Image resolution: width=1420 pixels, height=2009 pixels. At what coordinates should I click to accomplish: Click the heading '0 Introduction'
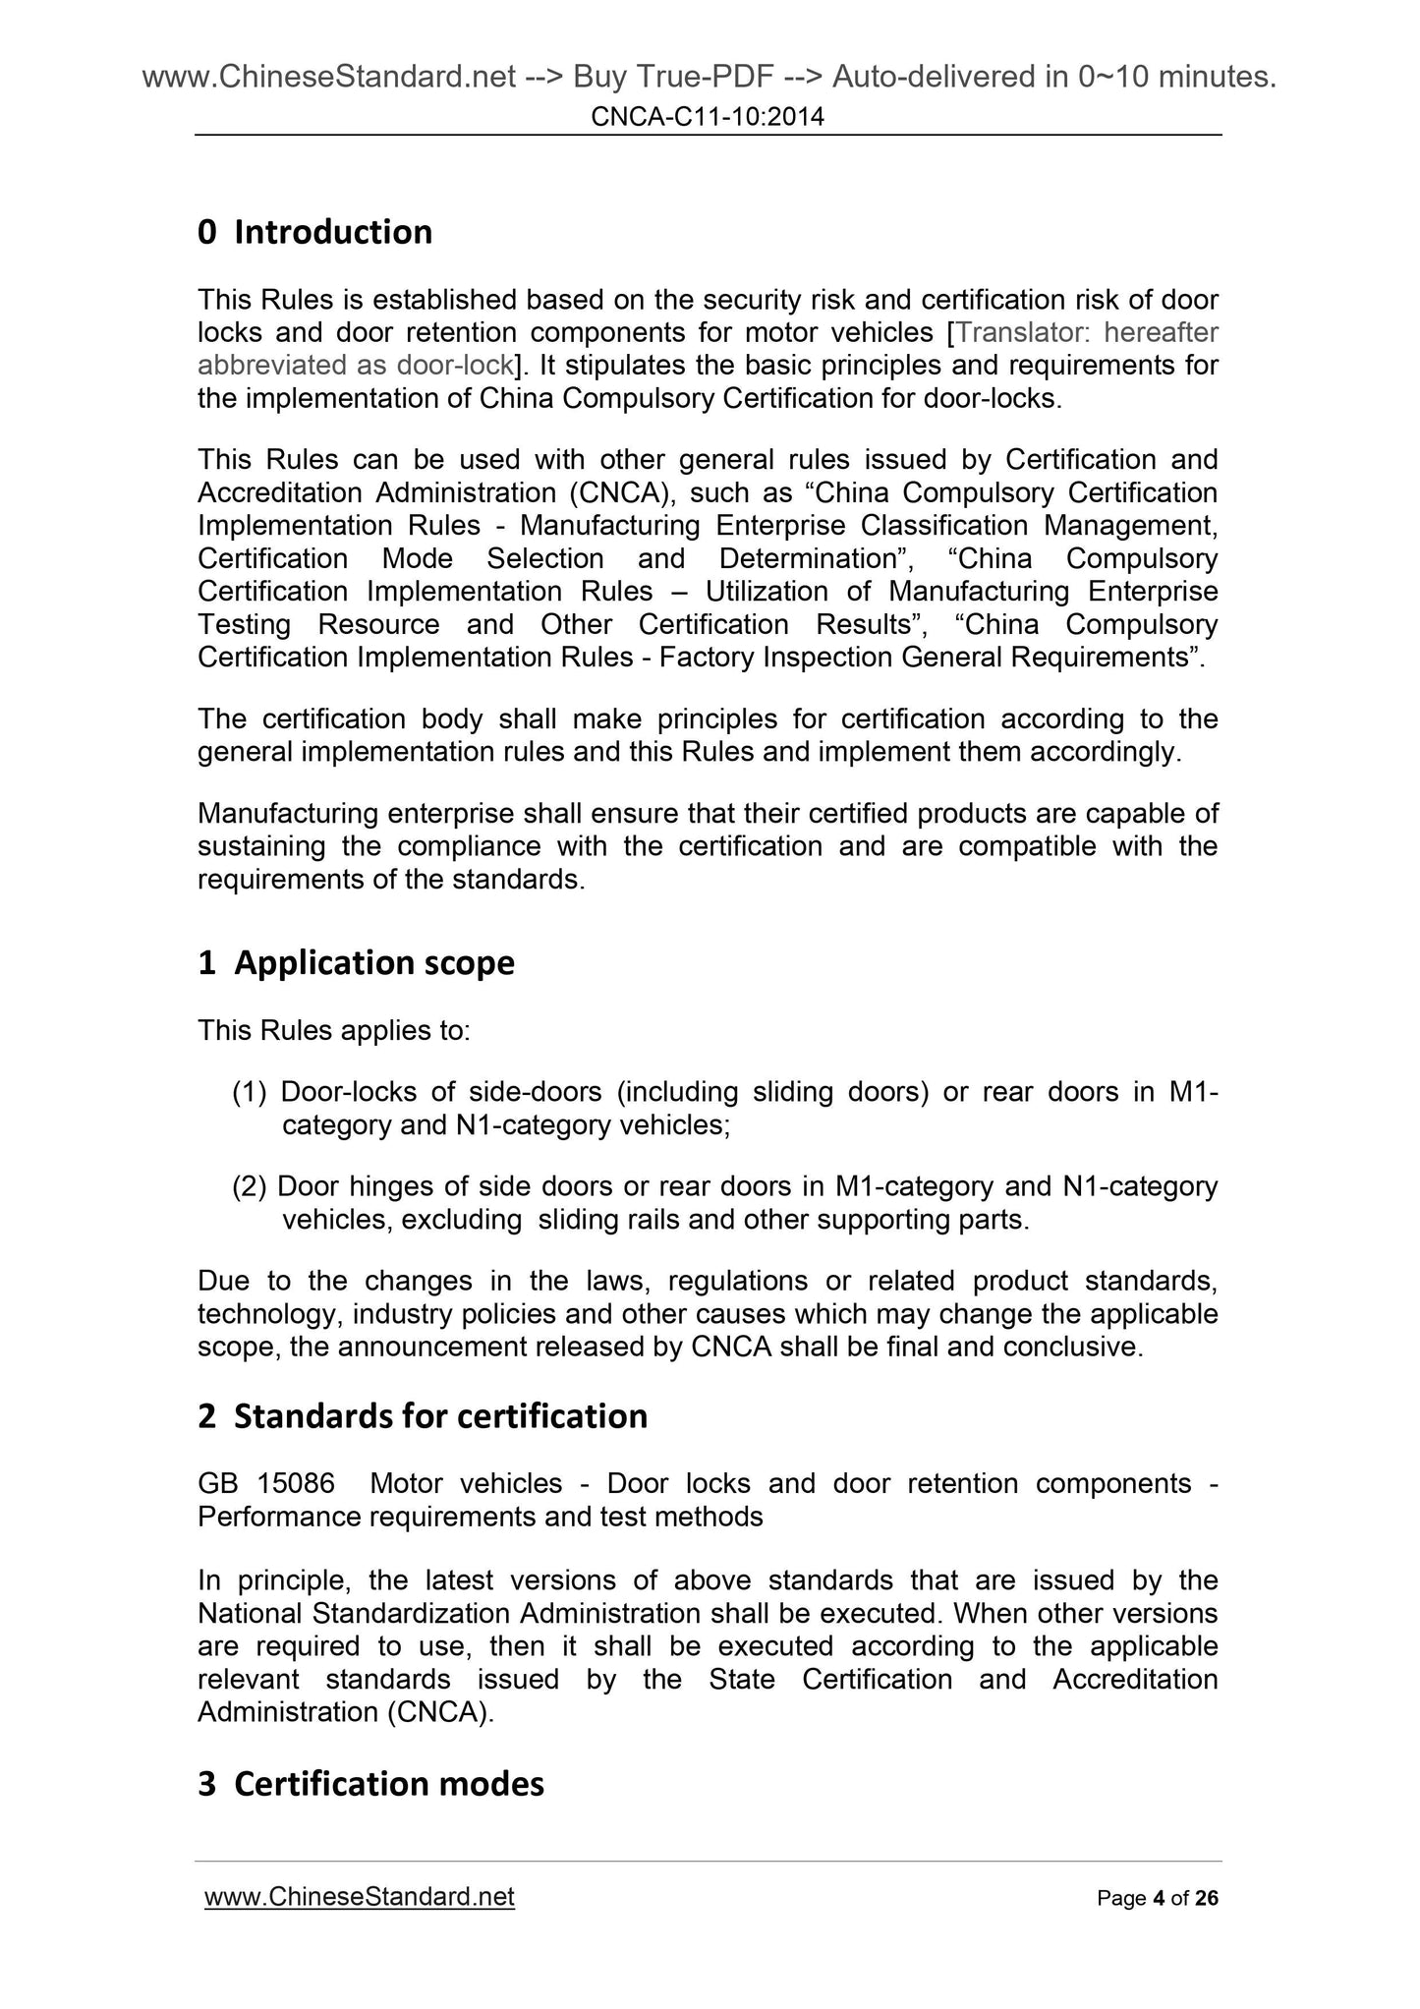click(x=314, y=232)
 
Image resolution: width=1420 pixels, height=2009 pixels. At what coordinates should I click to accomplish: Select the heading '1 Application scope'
click(x=356, y=962)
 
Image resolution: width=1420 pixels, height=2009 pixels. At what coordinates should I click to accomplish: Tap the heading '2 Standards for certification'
click(x=423, y=1415)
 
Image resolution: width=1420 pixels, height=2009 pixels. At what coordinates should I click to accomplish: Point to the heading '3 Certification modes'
click(x=370, y=1783)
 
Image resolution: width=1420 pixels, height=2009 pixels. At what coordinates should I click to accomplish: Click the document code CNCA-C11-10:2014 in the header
click(x=708, y=118)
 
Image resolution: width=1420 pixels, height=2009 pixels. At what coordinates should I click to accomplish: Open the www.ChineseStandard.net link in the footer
click(x=359, y=1896)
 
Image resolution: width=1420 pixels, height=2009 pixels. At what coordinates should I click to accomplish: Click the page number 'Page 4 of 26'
click(x=1157, y=1898)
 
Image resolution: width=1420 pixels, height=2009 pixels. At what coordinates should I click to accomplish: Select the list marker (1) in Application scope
click(x=250, y=1092)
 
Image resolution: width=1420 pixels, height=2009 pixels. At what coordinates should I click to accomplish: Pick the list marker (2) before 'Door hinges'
click(x=250, y=1186)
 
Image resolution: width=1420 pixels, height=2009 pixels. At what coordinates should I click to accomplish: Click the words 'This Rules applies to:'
click(x=334, y=1031)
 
